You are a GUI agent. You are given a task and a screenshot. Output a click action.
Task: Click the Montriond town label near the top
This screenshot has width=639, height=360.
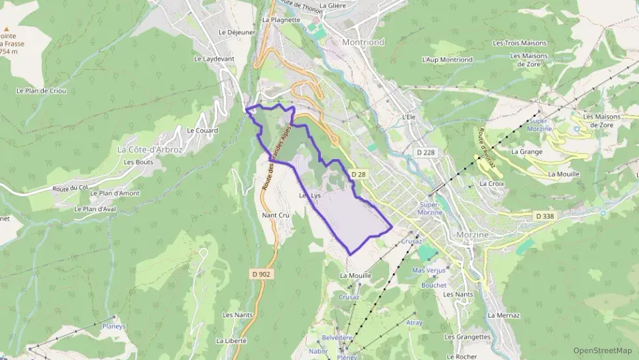(x=363, y=42)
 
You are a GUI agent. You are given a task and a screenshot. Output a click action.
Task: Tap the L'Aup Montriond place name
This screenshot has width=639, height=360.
(x=447, y=60)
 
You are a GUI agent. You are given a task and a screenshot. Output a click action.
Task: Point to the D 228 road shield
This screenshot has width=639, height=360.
(x=425, y=152)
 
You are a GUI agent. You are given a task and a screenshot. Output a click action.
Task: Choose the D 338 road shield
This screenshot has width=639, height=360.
(x=544, y=217)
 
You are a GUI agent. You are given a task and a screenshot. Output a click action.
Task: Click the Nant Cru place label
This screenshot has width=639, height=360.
(x=276, y=214)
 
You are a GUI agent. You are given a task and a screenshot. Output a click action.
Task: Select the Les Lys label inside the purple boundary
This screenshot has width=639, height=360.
(x=309, y=196)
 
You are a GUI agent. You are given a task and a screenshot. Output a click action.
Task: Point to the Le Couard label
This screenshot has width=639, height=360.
(x=202, y=130)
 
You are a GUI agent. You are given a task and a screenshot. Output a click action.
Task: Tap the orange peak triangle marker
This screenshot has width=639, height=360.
(x=8, y=30)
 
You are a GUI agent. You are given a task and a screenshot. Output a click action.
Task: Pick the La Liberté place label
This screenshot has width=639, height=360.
(x=231, y=340)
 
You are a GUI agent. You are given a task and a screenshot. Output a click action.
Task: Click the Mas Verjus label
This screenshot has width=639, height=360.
(x=429, y=271)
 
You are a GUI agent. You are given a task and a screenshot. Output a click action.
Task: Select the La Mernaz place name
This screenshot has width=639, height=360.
(x=504, y=316)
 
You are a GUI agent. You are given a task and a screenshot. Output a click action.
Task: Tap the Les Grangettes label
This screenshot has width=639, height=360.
(x=468, y=337)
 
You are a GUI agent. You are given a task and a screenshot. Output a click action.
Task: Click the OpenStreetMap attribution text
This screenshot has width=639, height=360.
(x=602, y=350)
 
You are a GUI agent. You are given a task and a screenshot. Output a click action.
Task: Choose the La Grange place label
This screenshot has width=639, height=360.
(x=526, y=152)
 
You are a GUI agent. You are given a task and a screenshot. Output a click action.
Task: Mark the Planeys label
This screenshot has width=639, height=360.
(x=114, y=327)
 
